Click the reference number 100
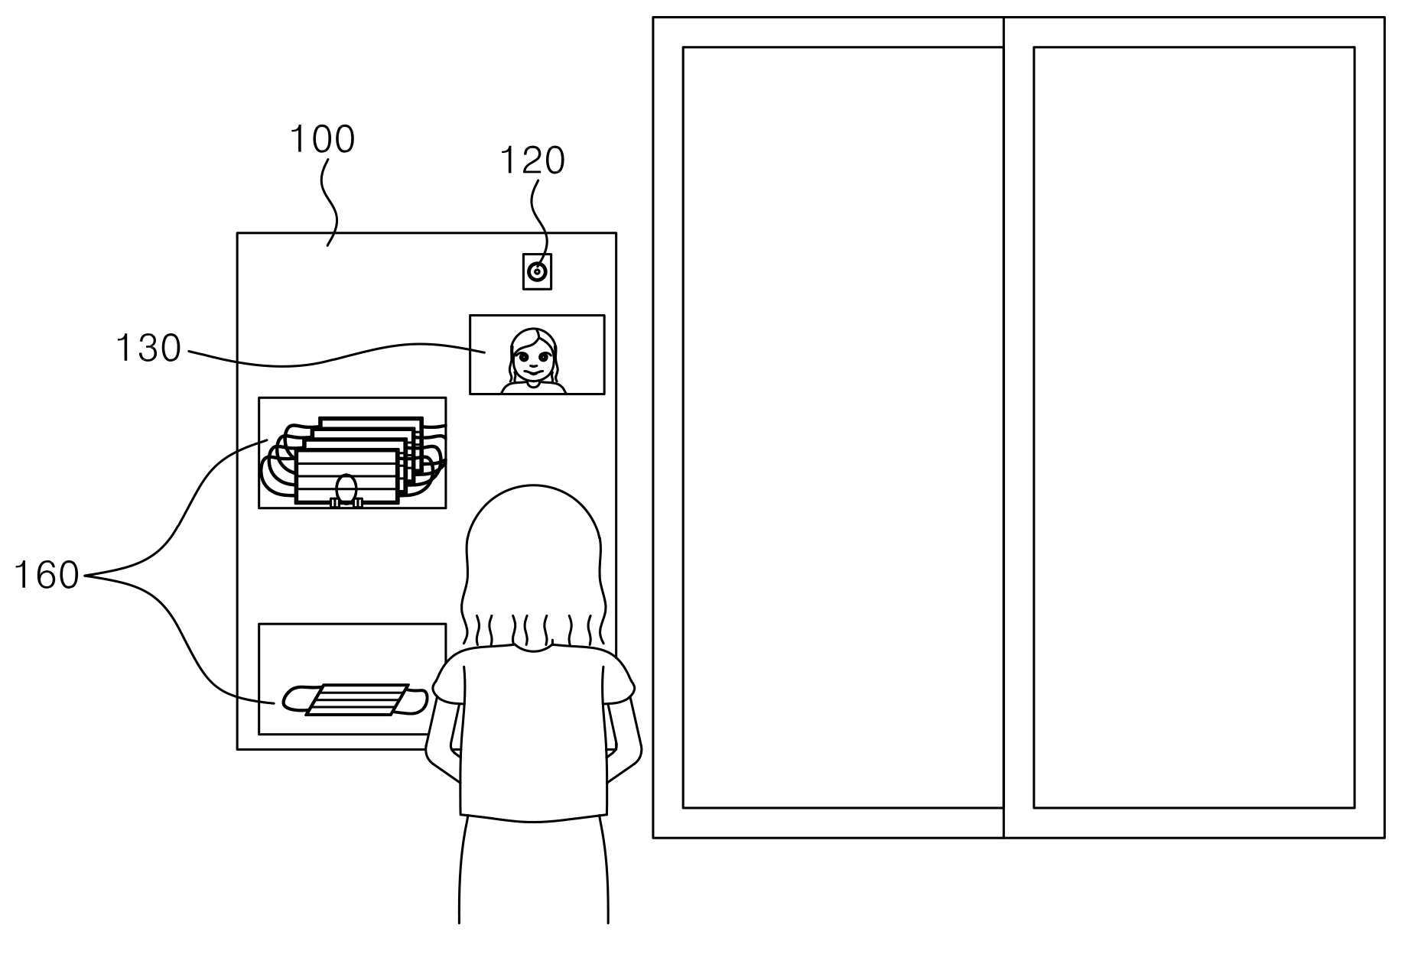coord(322,139)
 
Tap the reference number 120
coord(532,161)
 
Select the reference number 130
coord(148,348)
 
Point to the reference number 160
coord(47,575)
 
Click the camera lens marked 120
coord(537,271)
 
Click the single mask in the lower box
coord(355,699)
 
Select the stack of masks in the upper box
coord(353,461)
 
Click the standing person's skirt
coord(533,871)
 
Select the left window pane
coord(842,427)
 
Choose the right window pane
coord(1194,427)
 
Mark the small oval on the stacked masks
coord(346,488)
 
